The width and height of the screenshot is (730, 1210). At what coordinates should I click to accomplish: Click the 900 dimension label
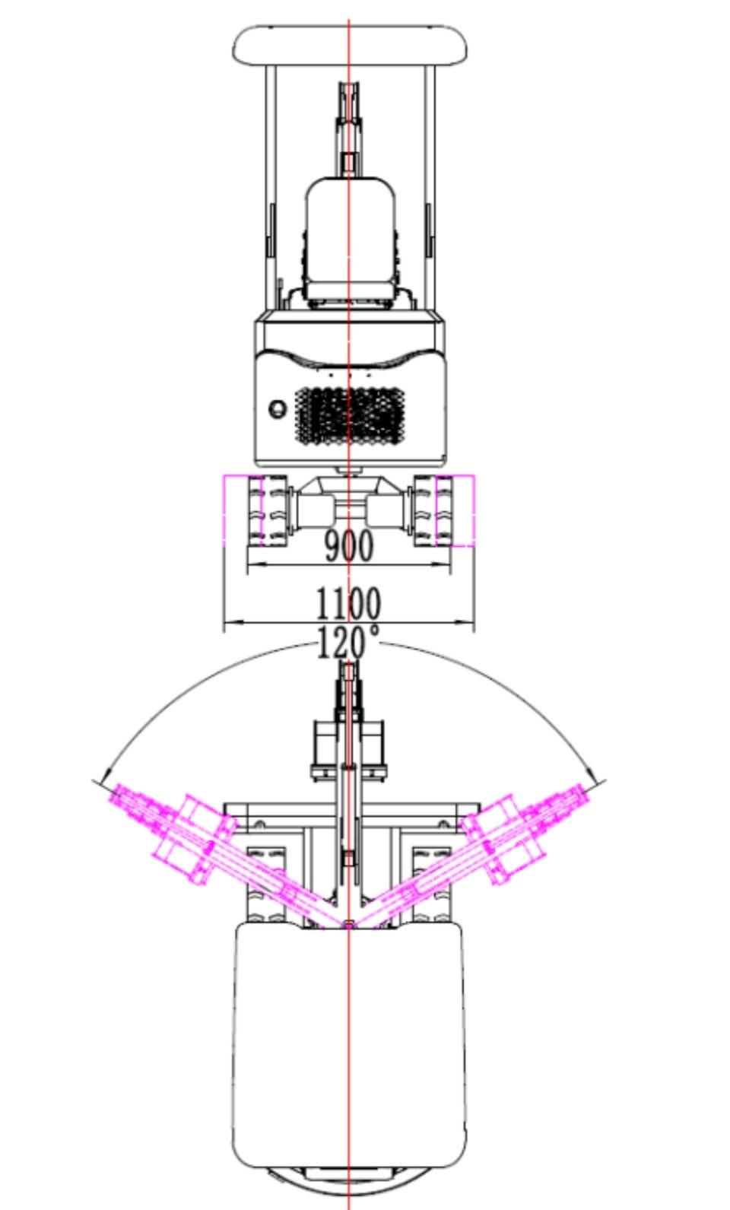(x=349, y=545)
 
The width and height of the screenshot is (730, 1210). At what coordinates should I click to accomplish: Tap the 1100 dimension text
(x=348, y=603)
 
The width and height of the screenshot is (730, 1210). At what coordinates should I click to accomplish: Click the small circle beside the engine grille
(x=278, y=408)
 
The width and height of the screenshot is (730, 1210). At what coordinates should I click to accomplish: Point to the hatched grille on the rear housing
(x=350, y=417)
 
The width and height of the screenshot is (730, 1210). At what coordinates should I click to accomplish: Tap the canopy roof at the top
(x=350, y=46)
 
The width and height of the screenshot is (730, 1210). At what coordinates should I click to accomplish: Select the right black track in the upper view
(x=433, y=511)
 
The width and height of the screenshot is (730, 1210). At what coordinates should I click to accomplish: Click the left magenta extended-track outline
(x=243, y=511)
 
